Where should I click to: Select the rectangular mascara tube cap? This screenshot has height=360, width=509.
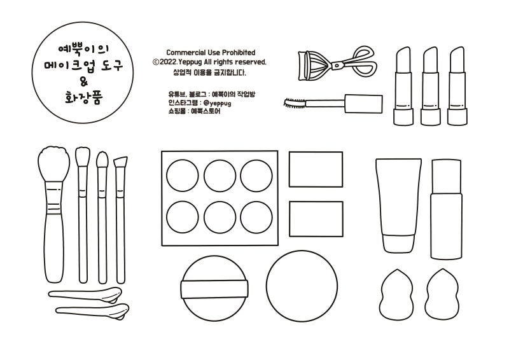pos(363,104)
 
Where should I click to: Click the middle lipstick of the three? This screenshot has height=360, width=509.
pos(431,86)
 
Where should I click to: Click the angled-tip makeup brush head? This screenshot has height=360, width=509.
pos(120,162)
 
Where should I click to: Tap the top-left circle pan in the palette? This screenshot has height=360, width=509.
pos(183,176)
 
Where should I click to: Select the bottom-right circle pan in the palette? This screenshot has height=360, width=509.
pos(256,217)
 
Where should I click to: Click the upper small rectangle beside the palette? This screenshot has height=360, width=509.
pos(316,169)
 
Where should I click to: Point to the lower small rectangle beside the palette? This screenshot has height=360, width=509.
pos(316,219)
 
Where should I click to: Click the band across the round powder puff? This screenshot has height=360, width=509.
pos(214,289)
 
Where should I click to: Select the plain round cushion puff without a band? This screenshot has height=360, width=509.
pos(302,286)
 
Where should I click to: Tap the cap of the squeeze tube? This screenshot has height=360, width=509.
pos(399,243)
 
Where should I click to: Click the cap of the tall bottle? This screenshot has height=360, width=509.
pos(447,176)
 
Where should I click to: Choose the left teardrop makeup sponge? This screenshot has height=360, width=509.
pos(396,294)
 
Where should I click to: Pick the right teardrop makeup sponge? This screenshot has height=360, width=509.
pos(442,294)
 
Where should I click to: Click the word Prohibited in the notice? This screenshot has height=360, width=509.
pos(239,53)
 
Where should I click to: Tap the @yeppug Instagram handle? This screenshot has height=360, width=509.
pos(218,103)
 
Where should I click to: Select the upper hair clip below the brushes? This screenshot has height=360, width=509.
pos(85,294)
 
